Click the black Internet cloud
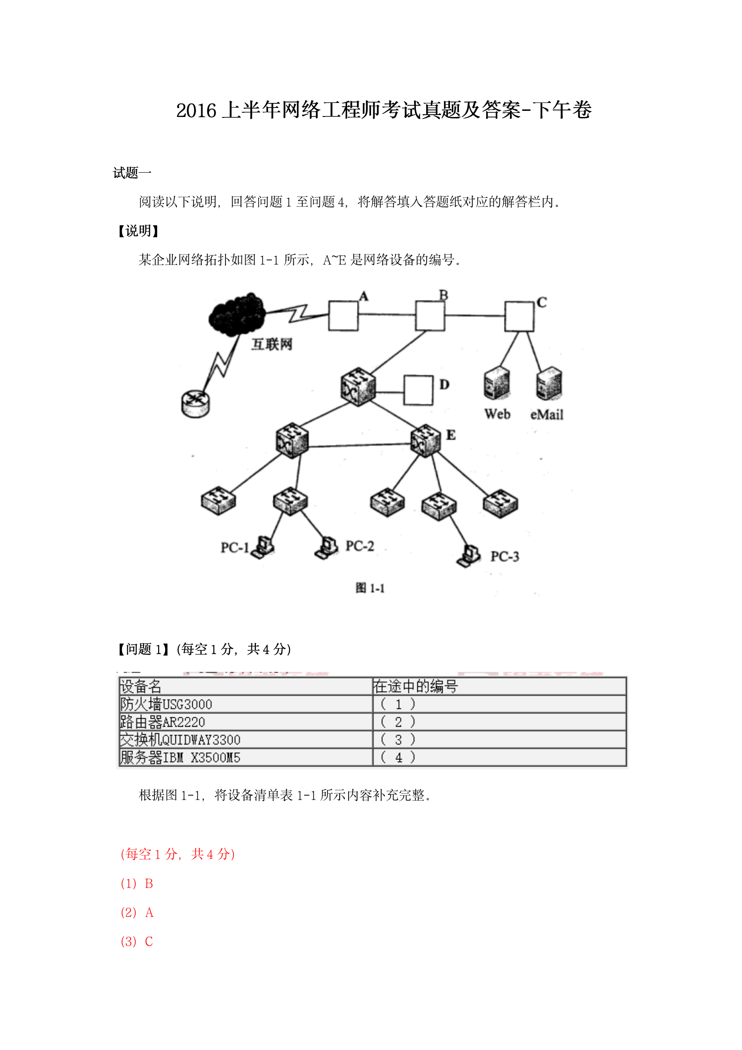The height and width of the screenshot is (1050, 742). [x=237, y=314]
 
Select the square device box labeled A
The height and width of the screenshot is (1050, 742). [x=343, y=316]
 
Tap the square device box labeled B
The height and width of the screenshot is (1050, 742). [x=430, y=316]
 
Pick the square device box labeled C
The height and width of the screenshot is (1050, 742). [x=519, y=317]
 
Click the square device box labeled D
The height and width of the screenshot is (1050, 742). [x=418, y=390]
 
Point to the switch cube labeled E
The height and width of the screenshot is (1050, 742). [x=426, y=440]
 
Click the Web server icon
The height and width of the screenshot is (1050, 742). [x=497, y=383]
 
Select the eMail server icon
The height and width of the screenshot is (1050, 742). [x=549, y=383]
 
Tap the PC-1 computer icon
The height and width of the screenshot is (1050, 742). [x=263, y=547]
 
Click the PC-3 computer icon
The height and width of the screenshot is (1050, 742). [x=469, y=556]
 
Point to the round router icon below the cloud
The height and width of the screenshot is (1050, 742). [x=196, y=404]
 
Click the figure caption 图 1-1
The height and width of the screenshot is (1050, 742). [x=370, y=588]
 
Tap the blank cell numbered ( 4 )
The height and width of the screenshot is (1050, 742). [x=500, y=758]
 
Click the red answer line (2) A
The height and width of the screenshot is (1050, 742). [x=137, y=912]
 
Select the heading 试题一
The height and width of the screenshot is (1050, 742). [x=132, y=173]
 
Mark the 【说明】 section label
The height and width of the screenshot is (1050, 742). [x=138, y=231]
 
